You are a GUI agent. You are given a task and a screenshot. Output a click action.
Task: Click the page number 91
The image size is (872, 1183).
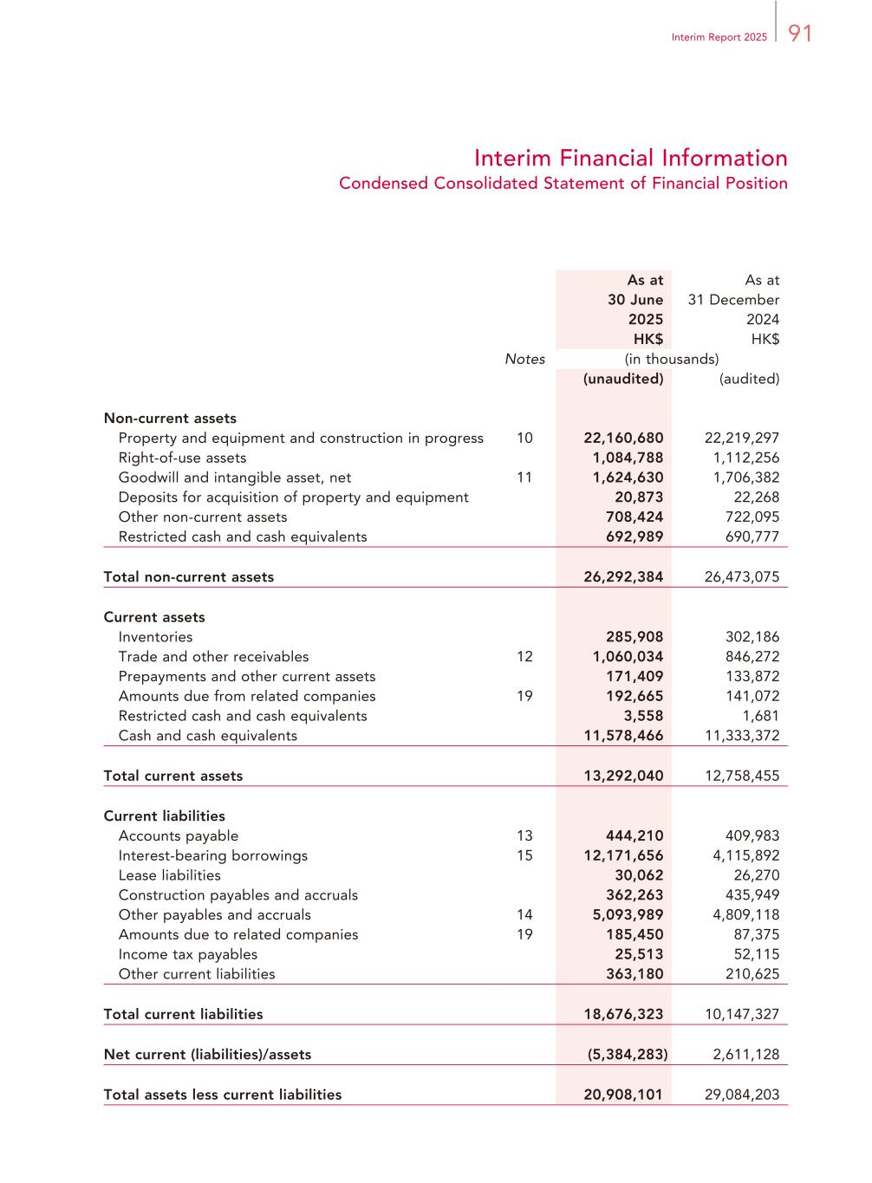(800, 34)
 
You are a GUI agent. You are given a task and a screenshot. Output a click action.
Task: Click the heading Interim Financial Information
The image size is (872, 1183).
(630, 159)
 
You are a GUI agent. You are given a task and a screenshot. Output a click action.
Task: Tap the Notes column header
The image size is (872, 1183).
(524, 359)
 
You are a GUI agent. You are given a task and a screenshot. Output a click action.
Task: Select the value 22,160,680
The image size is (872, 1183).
(623, 439)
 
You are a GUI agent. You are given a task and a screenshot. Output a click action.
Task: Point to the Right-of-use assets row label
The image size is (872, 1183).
(182, 458)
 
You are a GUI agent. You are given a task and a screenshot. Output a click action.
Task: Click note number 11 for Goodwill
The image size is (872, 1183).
(524, 478)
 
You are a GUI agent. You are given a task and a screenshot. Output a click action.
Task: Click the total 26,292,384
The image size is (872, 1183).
(623, 577)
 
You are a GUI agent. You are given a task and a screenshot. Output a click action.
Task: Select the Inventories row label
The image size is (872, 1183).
(155, 637)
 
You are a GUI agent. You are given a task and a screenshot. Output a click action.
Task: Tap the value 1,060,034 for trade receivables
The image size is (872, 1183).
(623, 657)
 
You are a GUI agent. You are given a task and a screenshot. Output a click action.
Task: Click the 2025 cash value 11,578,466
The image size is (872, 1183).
(623, 736)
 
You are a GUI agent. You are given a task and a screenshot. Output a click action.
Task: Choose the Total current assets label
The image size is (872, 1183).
(172, 777)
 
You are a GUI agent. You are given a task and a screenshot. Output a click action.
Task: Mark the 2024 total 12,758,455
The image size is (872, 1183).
(742, 777)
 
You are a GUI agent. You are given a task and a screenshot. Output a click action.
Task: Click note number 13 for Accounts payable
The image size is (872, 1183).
(524, 836)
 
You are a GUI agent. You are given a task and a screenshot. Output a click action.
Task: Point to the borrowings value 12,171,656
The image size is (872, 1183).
(623, 856)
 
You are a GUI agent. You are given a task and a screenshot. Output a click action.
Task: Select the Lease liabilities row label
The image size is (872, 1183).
(169, 875)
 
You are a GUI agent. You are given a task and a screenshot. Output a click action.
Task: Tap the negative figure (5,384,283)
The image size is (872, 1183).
(628, 1055)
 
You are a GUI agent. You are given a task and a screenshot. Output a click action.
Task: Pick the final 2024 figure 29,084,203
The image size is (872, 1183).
(742, 1095)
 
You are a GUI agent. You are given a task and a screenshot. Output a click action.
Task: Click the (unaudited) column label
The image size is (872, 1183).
(623, 379)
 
